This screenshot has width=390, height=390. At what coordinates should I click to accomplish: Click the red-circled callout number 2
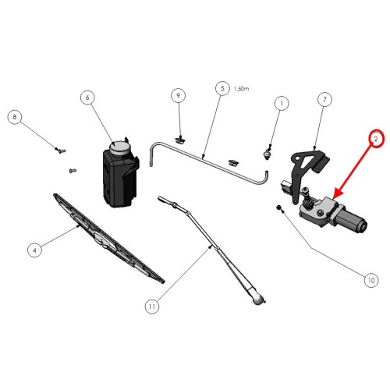(376, 139)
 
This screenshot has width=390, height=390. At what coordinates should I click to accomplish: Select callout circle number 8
(15, 117)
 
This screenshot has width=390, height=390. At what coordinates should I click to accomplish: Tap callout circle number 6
(87, 97)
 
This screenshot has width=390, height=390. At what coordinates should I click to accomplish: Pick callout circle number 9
(179, 95)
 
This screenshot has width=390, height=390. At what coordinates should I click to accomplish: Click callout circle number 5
(222, 88)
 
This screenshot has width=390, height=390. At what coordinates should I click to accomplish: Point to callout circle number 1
(282, 104)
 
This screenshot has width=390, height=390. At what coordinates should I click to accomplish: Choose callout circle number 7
(324, 99)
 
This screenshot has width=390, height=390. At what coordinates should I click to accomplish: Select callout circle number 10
(371, 280)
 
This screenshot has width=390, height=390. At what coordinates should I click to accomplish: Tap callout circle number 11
(152, 307)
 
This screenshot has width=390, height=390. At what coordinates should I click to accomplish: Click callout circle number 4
(34, 250)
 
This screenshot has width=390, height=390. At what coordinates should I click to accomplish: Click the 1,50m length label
(241, 89)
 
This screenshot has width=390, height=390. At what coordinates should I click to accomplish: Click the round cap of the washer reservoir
(119, 148)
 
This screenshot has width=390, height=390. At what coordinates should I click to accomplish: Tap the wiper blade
(108, 239)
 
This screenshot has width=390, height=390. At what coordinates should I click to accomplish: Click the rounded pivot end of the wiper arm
(258, 300)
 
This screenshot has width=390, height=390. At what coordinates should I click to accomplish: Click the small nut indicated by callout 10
(278, 207)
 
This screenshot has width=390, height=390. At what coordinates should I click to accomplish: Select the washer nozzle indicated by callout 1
(267, 154)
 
